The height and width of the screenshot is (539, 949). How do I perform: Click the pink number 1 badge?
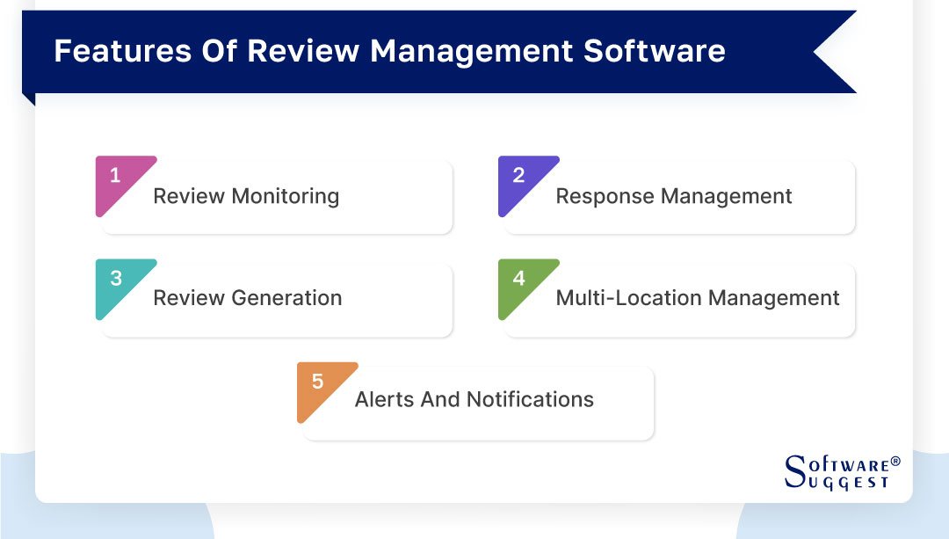116,177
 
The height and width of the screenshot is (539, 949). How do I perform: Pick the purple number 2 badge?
518,177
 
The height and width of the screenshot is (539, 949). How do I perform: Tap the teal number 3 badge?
116,280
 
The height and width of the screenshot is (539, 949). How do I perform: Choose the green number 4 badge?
518,280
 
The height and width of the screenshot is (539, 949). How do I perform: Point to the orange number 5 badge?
317,382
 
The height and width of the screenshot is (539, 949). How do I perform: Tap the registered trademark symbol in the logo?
895,461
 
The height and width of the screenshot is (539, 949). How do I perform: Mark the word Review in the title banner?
304,51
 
